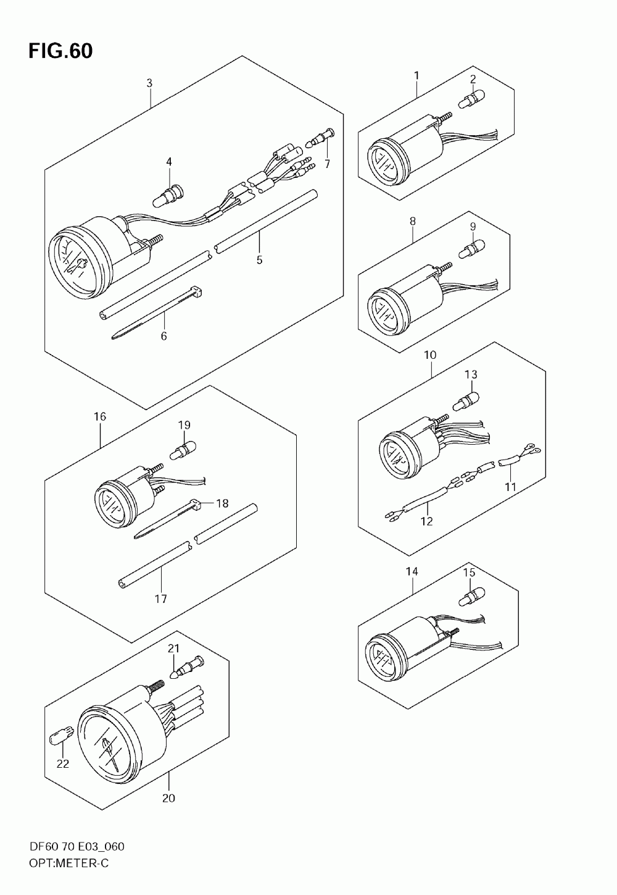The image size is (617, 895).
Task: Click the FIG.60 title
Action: [x=60, y=51]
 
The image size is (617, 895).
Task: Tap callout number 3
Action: [x=149, y=83]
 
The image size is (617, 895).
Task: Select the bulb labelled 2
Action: [x=471, y=97]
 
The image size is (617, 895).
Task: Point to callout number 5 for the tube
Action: [x=259, y=260]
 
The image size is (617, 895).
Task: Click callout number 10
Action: [x=430, y=355]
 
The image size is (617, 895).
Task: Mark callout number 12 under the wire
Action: [x=426, y=521]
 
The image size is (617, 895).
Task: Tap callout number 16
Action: [x=100, y=417]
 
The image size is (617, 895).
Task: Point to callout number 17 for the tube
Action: [x=161, y=599]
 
